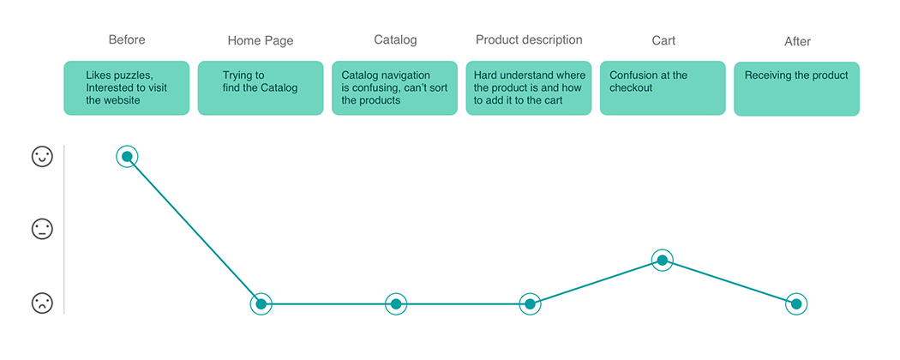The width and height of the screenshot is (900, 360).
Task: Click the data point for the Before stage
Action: point(127,157)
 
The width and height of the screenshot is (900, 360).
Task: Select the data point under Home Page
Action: point(261,303)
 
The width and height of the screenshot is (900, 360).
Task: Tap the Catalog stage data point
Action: point(395,303)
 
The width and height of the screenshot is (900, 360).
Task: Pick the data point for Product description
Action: point(530,303)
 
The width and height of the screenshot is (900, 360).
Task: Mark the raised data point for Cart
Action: point(662,260)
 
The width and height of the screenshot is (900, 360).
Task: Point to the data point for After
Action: point(796,303)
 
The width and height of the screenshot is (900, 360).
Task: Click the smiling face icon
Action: point(42,157)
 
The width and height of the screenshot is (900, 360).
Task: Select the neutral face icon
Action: point(42,229)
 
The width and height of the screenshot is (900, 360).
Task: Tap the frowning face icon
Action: point(42,303)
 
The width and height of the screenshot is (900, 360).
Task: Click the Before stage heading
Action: point(127,39)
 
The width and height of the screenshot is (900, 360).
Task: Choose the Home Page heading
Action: point(261,41)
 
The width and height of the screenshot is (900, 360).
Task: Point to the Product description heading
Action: point(529,39)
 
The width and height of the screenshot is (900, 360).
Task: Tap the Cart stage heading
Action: point(663,41)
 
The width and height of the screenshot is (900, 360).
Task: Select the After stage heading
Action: point(797,41)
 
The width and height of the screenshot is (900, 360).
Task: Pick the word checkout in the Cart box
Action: point(631,87)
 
